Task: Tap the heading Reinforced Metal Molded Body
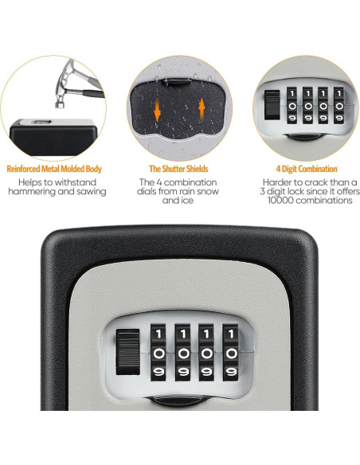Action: click(x=54, y=169)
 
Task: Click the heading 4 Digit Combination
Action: click(x=307, y=169)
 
